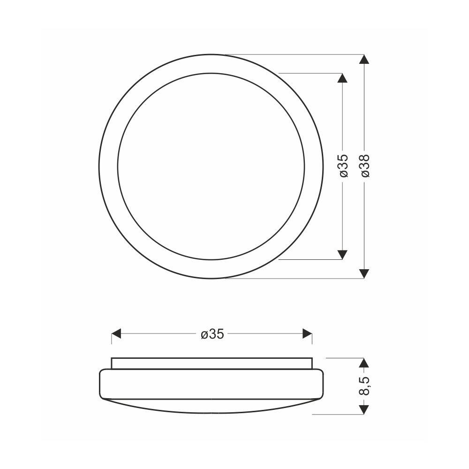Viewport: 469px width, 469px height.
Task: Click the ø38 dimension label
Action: click(365, 166)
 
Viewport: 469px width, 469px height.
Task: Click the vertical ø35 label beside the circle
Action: click(344, 166)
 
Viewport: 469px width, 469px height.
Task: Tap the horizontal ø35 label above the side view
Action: click(212, 334)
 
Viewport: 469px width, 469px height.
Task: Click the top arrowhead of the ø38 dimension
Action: click(364, 59)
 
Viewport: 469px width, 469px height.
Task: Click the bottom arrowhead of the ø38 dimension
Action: click(364, 273)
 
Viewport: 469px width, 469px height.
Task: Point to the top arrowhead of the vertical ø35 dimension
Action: click(342, 78)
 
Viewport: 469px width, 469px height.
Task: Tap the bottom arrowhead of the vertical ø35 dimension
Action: click(342, 255)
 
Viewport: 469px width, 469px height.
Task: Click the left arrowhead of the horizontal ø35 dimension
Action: click(116, 333)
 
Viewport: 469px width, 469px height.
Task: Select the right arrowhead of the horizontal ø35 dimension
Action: click(307, 333)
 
